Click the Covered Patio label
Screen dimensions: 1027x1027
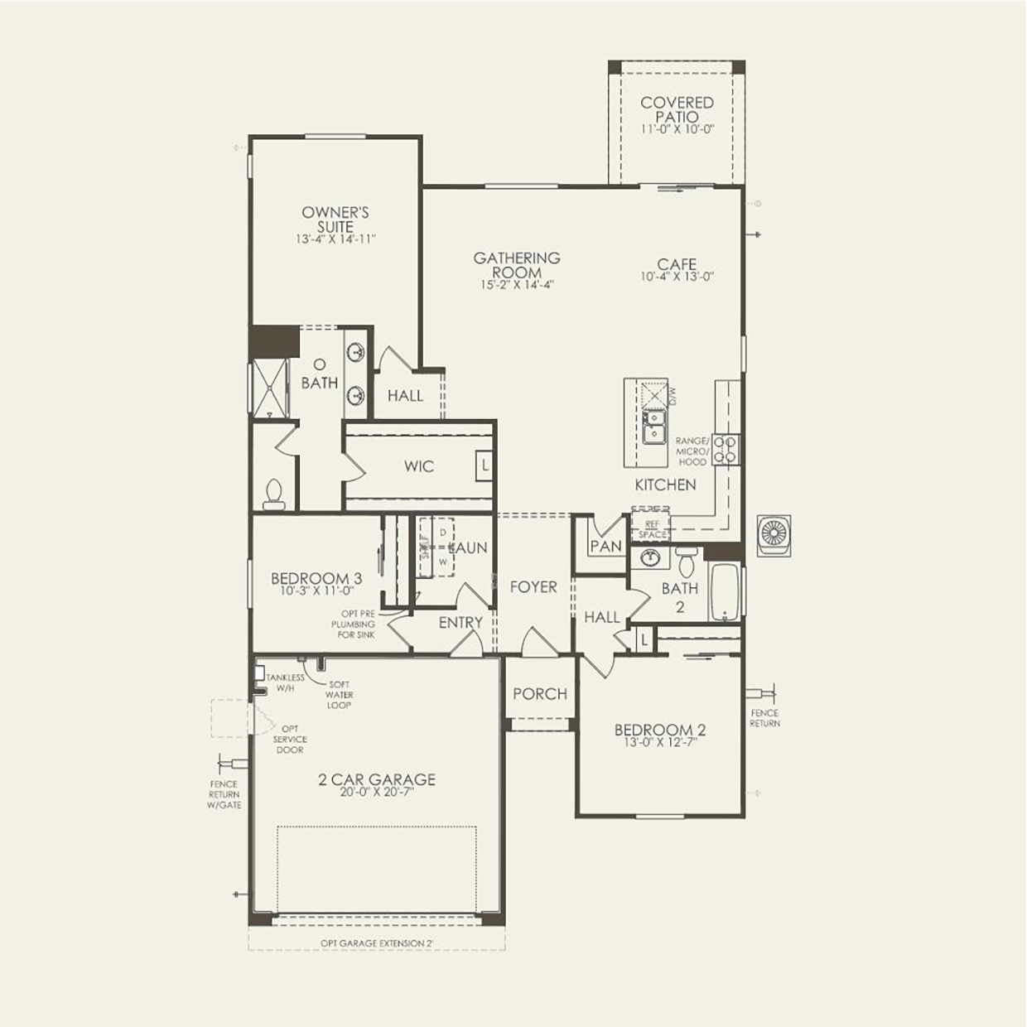[677, 109]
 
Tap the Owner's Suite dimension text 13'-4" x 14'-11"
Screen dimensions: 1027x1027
[335, 239]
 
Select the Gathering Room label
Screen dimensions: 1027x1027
[517, 265]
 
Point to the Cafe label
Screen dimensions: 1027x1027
[677, 265]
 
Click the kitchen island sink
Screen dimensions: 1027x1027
[653, 427]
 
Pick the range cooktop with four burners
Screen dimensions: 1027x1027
[726, 449]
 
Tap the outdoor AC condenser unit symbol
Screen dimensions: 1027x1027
[774, 535]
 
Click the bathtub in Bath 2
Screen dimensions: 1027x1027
[726, 591]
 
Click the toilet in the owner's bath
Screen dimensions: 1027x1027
[273, 494]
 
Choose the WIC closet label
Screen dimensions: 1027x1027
[419, 466]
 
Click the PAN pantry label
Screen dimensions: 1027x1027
[605, 546]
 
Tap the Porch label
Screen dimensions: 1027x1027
[540, 694]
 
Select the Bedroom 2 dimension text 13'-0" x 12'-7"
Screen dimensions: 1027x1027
[659, 743]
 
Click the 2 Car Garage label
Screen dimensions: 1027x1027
[377, 779]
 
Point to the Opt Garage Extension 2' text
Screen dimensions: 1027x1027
[377, 943]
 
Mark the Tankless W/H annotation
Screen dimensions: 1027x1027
[285, 682]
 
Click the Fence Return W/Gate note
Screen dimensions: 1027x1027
[224, 793]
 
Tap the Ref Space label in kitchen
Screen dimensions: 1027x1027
[652, 530]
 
